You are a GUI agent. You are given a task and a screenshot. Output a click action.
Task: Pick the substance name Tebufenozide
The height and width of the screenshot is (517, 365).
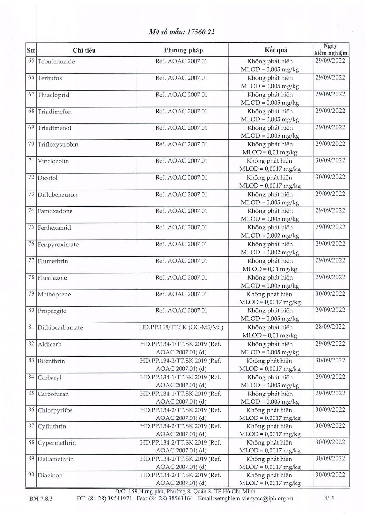(x=56, y=61)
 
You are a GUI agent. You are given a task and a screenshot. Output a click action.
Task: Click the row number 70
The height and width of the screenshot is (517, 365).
(x=31, y=144)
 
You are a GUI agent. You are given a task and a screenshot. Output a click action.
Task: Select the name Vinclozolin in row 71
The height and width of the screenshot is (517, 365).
(x=53, y=161)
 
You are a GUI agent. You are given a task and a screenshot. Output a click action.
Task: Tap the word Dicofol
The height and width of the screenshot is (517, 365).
(x=48, y=178)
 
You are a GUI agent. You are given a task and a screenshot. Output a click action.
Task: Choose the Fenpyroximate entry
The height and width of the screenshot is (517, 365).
(x=58, y=245)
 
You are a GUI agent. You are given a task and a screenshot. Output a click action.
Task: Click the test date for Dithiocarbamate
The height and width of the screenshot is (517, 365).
(x=330, y=327)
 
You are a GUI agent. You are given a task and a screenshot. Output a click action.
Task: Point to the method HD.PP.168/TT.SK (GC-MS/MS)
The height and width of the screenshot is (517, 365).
(x=181, y=327)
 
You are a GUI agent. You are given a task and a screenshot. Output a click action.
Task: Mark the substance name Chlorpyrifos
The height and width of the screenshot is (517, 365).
(x=55, y=410)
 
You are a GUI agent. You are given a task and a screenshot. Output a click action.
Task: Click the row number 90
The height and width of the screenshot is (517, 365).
(x=31, y=475)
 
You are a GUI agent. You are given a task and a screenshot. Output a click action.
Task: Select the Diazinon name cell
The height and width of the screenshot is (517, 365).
(x=50, y=476)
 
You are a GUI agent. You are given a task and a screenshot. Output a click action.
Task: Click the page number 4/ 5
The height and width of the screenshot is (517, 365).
(x=329, y=499)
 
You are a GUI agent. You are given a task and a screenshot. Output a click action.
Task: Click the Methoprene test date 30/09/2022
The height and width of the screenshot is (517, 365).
(x=330, y=294)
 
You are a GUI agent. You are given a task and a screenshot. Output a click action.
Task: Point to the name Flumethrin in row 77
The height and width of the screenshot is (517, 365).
(x=53, y=261)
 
